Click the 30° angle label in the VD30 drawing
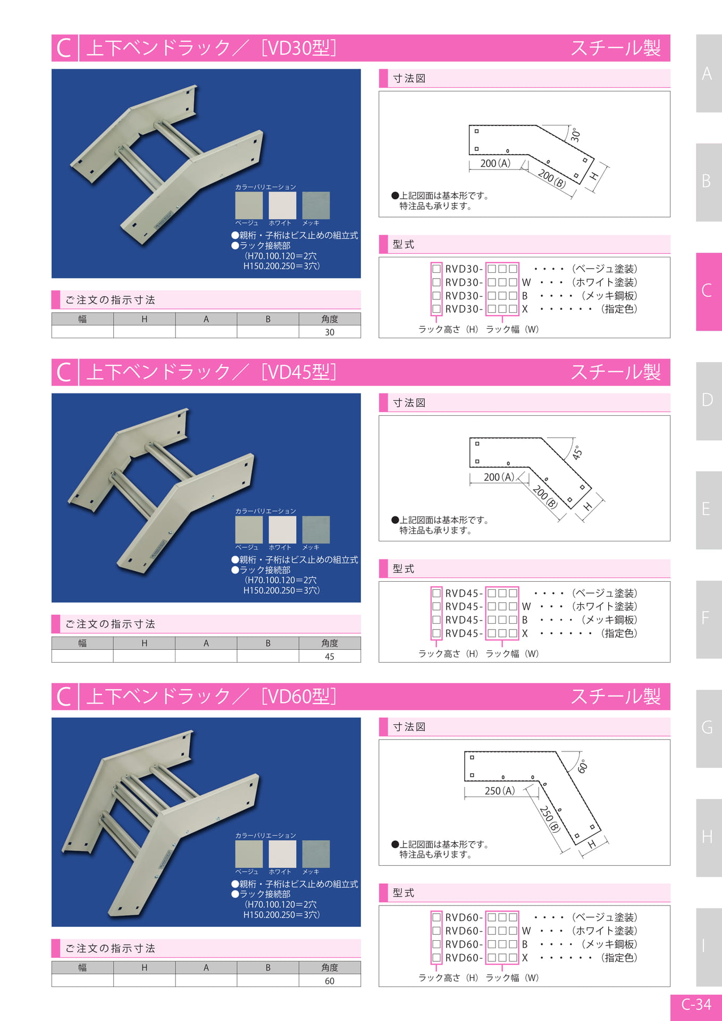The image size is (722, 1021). tap(575, 135)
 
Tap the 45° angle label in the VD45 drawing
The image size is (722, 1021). tap(577, 453)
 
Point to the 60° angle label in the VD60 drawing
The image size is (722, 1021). tap(583, 766)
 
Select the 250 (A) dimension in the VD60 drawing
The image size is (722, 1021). tap(500, 791)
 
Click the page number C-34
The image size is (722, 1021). tap(696, 1005)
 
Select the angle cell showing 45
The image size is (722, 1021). tap(330, 656)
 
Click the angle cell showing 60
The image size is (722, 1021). tap(330, 981)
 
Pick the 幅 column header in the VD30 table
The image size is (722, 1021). tap(82, 319)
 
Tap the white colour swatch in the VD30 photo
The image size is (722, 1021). tap(282, 205)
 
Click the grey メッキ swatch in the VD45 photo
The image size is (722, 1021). tap(316, 530)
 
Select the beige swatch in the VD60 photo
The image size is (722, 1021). tap(249, 854)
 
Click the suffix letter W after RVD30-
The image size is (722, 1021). tap(526, 282)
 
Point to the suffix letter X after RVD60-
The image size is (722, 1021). tap(525, 958)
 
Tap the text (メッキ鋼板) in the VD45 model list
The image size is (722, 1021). tap(609, 620)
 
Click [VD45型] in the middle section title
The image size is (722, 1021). tap(299, 372)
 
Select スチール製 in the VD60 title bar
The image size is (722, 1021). tap(616, 696)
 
